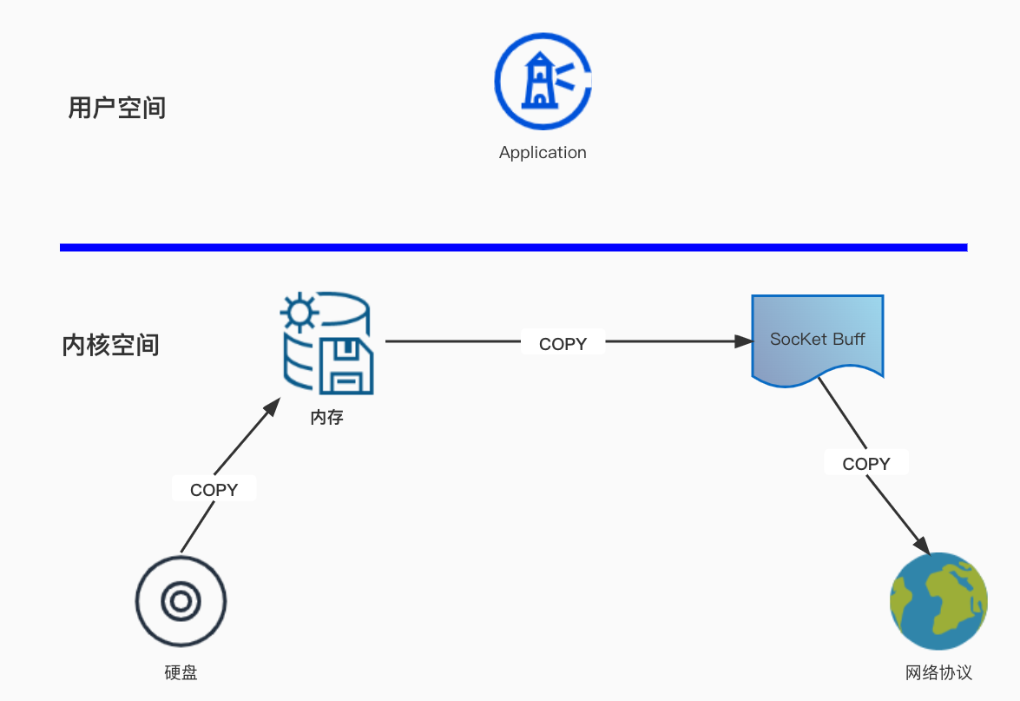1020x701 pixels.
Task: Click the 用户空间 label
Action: [116, 109]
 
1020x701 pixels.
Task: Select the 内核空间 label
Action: [111, 345]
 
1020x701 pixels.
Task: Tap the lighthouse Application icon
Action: [543, 82]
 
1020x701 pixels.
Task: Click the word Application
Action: [543, 153]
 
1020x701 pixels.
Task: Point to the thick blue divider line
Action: [513, 248]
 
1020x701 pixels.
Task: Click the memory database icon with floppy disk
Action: [327, 345]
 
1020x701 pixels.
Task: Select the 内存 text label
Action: [327, 418]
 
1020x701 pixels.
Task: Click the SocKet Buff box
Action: [817, 340]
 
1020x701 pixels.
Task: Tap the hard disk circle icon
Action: [181, 601]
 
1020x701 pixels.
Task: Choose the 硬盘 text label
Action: [181, 673]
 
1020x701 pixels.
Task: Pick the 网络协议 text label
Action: [938, 673]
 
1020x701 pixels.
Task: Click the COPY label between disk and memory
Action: [214, 490]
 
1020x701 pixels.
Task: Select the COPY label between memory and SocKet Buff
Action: [563, 344]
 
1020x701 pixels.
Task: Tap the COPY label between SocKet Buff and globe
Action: [866, 464]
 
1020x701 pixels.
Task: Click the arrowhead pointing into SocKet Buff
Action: [743, 341]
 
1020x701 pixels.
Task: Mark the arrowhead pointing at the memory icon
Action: [273, 407]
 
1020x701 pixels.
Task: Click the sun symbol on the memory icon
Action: [299, 311]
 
